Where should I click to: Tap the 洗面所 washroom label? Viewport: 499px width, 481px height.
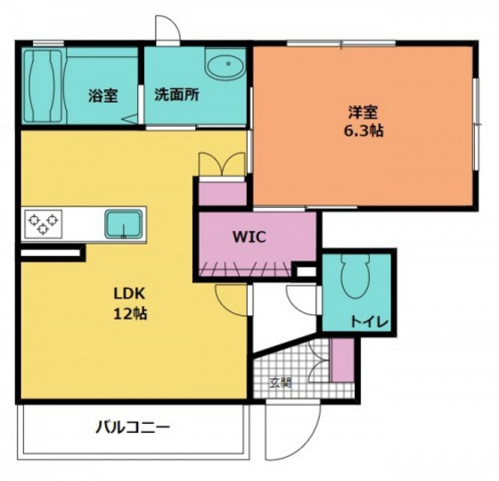pos(176,95)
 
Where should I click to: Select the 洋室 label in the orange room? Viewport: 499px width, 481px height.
pos(363,112)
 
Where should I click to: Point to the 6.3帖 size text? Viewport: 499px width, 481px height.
pos(364,130)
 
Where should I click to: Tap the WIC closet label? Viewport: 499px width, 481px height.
pos(249,236)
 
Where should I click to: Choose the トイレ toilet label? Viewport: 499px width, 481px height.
pos(367,321)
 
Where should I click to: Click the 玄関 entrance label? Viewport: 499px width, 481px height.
pos(281,383)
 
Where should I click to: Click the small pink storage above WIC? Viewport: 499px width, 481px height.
pos(221,193)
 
